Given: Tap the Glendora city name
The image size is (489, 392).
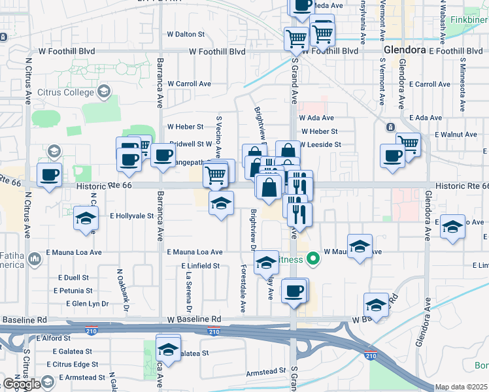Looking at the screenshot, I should pos(405,50).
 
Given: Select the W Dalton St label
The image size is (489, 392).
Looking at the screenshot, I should pos(186,34).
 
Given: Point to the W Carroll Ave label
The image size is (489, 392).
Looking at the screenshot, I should pos(189,84).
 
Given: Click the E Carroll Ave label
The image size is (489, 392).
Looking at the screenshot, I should pos(430,84).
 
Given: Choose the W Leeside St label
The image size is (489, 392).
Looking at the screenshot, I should pos(320,144).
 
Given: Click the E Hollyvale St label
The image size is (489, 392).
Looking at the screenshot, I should pos(131,215).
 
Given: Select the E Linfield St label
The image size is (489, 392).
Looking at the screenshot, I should pos(201,266).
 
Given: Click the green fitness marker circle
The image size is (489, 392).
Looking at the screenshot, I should pos(314,257).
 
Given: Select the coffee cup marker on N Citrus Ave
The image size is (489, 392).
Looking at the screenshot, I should pos(49,174).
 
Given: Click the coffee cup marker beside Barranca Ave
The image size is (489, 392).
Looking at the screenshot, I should pos(163,155).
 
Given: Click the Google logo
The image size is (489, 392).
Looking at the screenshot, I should pos(22,384).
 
